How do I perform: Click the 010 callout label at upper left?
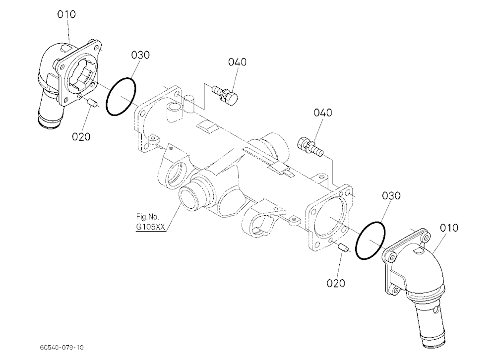click(66, 14)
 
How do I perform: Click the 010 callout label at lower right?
click(448, 228)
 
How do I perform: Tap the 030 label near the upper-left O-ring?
click(140, 55)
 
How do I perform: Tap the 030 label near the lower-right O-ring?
click(391, 196)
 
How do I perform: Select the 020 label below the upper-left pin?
click(81, 137)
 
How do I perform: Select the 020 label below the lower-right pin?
click(336, 283)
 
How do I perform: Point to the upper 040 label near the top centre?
click(237, 62)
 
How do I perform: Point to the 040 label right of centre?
click(323, 113)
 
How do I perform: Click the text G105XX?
click(151, 227)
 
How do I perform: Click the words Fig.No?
click(147, 217)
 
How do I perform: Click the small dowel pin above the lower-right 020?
click(343, 248)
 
